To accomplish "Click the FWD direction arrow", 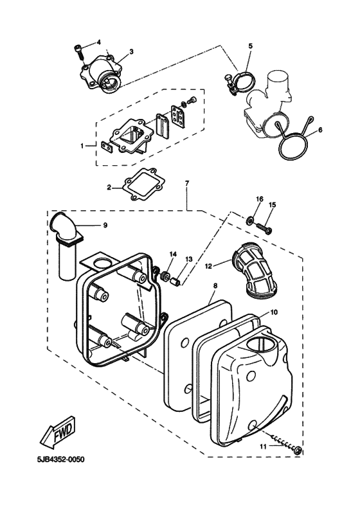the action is (x=59, y=433).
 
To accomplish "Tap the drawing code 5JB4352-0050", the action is (x=60, y=460).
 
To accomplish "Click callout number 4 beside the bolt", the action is (x=99, y=42).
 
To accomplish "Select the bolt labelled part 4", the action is (x=79, y=52).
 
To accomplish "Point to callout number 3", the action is (x=131, y=51).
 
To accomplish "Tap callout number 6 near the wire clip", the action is (x=320, y=130).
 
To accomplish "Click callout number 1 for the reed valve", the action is (x=82, y=147).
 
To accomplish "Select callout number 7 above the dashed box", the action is (x=187, y=183).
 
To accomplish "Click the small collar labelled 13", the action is (x=175, y=280).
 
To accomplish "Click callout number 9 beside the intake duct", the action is (x=105, y=226).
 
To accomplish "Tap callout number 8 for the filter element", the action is (x=215, y=285).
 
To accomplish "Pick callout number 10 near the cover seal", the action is (x=274, y=312).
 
